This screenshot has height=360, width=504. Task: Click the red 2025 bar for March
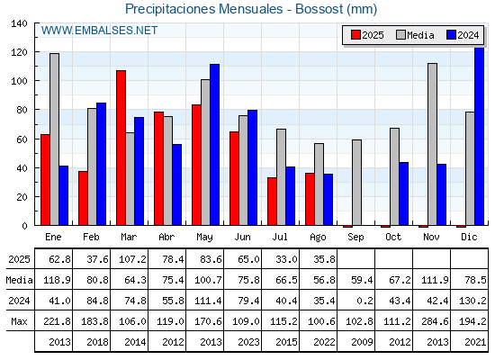click(121, 148)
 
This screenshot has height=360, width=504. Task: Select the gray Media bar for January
click(54, 139)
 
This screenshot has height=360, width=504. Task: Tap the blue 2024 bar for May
click(215, 145)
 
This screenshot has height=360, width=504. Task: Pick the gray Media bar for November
click(432, 144)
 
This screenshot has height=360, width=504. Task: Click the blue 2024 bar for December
click(479, 136)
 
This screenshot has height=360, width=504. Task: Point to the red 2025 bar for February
click(83, 198)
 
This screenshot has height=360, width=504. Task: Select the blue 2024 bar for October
click(404, 193)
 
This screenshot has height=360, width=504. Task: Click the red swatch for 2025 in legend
click(355, 35)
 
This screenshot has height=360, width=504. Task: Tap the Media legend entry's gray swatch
click(401, 35)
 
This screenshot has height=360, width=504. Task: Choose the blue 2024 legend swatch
click(451, 35)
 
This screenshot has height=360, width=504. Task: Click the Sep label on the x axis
click(355, 238)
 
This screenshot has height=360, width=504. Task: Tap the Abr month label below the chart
click(166, 238)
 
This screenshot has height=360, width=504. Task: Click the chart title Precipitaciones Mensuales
click(203, 9)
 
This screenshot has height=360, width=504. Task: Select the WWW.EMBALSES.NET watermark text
click(99, 31)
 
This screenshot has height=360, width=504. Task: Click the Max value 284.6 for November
click(435, 321)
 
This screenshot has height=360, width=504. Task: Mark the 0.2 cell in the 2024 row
click(364, 301)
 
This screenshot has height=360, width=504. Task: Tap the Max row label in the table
click(19, 321)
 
